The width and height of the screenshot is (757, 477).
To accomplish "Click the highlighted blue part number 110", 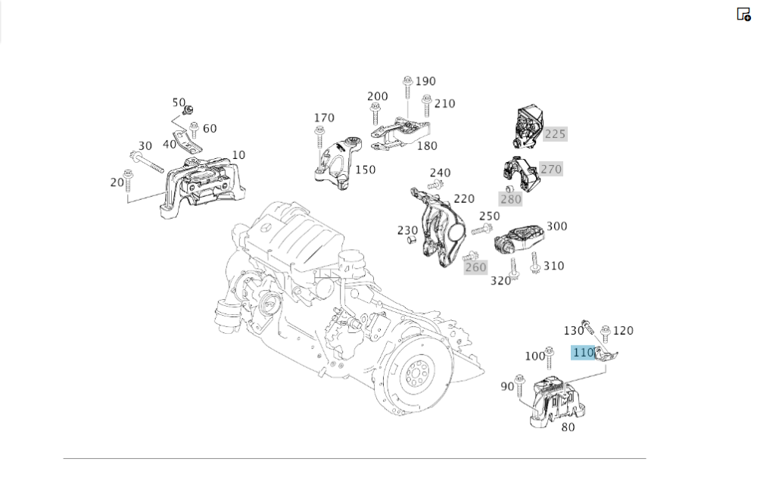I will click(x=583, y=352).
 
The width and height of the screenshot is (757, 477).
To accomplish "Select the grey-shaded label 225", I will click(x=555, y=134).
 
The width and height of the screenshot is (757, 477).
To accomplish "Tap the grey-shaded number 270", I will click(x=551, y=169).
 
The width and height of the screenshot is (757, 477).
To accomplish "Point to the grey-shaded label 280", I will click(x=510, y=199).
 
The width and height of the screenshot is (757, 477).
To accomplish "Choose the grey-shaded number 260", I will click(x=475, y=267).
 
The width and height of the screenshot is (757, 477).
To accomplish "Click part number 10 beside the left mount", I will click(x=238, y=154).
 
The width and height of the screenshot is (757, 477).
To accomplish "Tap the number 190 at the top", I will click(x=425, y=81).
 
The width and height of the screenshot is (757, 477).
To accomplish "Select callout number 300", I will click(x=556, y=226).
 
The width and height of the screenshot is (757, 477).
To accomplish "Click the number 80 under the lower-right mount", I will click(x=568, y=427).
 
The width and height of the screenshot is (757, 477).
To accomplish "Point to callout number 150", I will click(x=365, y=170).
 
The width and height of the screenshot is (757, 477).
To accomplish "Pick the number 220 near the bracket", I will click(x=463, y=198).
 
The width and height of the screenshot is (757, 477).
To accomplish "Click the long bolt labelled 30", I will click(x=148, y=161).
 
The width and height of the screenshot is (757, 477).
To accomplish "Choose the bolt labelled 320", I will click(x=514, y=268).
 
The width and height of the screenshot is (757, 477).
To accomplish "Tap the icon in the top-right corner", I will click(x=743, y=14).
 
